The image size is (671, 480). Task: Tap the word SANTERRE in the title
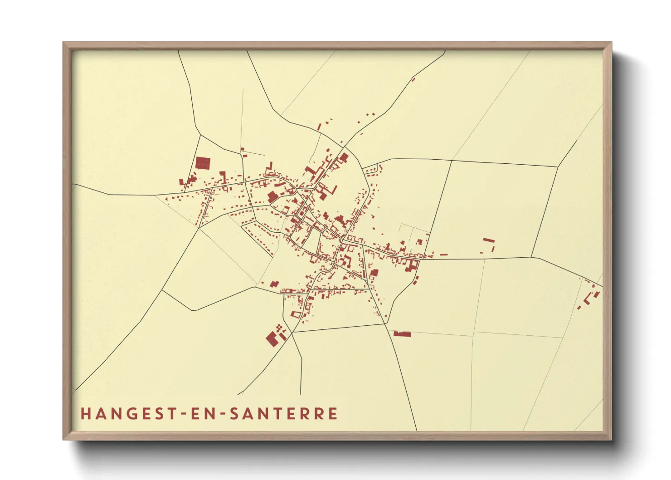point(283,414)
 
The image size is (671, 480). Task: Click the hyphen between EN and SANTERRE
point(222,414)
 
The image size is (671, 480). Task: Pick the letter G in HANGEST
point(132,414)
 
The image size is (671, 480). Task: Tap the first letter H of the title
point(85,414)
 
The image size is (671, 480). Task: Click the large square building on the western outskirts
point(203,163)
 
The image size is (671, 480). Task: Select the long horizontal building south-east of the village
point(402,334)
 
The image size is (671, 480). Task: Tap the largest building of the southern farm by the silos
point(272,339)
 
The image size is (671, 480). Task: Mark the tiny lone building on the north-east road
point(413,80)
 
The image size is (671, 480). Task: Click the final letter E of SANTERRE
point(333,414)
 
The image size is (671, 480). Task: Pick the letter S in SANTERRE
point(233,414)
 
